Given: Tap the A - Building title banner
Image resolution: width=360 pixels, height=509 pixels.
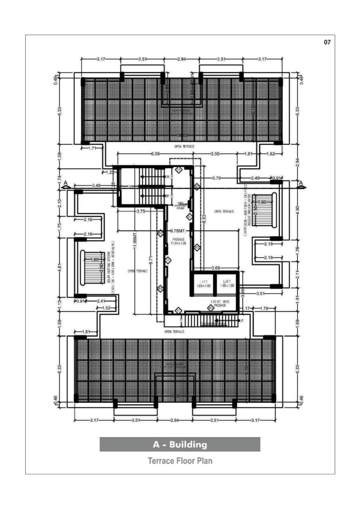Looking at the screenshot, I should [180, 445].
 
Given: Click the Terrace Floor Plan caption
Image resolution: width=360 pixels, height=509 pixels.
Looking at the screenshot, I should [180, 461].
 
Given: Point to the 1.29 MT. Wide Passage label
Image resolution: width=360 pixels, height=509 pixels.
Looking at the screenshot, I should [220, 304].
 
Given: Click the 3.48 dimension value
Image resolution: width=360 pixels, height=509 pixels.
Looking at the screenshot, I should [95, 185].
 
